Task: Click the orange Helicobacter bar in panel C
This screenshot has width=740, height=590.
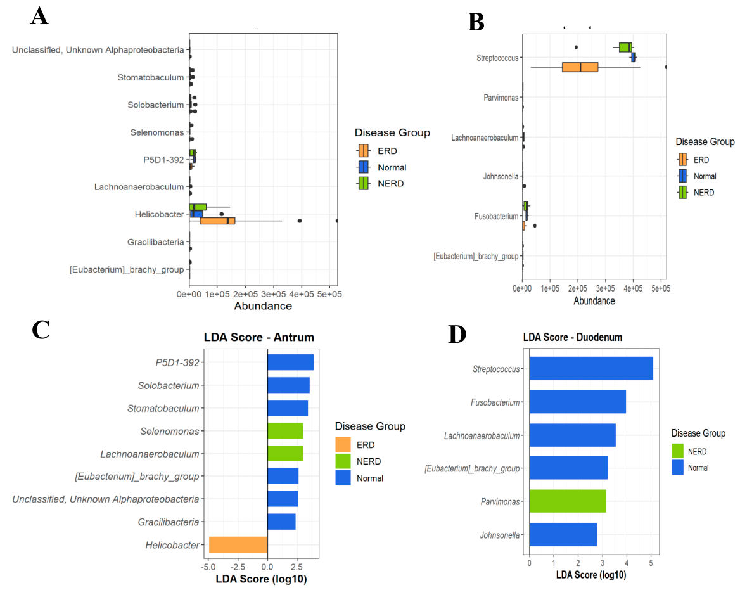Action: tap(238, 545)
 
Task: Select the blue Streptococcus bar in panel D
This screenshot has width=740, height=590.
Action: tap(590, 368)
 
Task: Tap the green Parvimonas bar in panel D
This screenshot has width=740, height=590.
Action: tap(567, 501)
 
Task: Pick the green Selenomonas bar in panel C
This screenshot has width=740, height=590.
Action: tap(285, 431)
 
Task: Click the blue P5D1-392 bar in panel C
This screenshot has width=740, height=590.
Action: tap(290, 362)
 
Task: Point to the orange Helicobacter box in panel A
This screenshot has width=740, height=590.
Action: tap(217, 221)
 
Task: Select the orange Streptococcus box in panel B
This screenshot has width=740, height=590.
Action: tap(580, 67)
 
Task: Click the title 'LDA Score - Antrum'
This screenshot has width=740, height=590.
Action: tap(258, 337)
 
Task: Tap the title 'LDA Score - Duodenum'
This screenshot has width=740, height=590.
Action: tap(572, 337)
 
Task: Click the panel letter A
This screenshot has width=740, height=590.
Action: tap(39, 16)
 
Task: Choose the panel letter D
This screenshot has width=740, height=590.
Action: tap(457, 334)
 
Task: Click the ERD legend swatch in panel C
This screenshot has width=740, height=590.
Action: tap(343, 445)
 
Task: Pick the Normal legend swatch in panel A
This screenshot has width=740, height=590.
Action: tap(364, 167)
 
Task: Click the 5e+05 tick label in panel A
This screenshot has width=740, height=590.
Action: tap(328, 295)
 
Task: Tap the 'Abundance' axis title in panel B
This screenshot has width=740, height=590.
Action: tap(594, 301)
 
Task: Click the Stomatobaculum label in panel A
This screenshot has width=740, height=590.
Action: tap(150, 77)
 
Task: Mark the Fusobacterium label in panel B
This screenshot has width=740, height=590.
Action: tap(496, 217)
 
